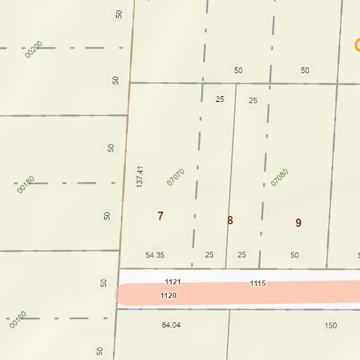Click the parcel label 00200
(x=34, y=49)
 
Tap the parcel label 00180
(x=26, y=184)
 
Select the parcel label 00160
(x=18, y=320)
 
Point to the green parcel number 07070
(x=176, y=176)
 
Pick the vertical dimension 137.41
(x=140, y=176)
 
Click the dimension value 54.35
(x=155, y=255)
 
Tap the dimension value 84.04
(x=171, y=325)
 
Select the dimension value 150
(x=330, y=326)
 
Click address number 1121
(x=173, y=282)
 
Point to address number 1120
(x=168, y=295)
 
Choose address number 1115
(x=257, y=283)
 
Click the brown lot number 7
(x=160, y=216)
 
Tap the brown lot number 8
(x=230, y=220)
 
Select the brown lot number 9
(x=298, y=223)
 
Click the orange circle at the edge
(x=357, y=46)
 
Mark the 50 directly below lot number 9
(x=295, y=255)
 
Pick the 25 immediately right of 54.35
(x=209, y=255)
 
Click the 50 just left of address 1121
(x=104, y=283)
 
